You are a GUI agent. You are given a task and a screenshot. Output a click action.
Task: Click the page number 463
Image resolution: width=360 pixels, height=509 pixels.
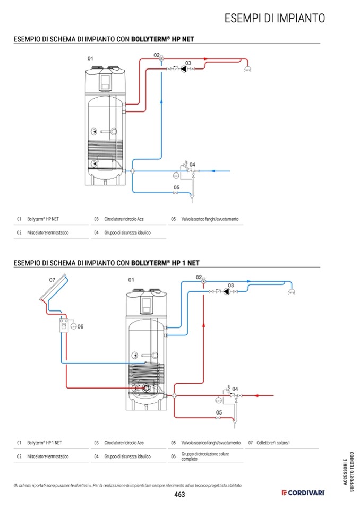[x=179, y=494]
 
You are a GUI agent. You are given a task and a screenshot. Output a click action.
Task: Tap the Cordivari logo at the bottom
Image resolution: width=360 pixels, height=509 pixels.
[x=303, y=493]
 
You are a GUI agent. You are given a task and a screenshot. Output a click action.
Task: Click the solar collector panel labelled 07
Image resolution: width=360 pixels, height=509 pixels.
[x=54, y=288]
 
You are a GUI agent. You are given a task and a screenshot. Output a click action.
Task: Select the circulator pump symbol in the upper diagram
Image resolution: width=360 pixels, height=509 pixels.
[x=184, y=69]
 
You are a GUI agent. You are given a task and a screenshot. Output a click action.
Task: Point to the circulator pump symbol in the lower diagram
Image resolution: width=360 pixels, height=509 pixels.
[x=227, y=291]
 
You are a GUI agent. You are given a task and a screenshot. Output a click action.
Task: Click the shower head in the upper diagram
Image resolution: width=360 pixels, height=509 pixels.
[x=247, y=69]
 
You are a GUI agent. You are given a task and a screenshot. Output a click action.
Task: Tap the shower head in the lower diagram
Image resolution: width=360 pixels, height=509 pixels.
[x=292, y=291]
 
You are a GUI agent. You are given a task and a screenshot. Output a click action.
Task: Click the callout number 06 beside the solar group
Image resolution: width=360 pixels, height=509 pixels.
[x=81, y=326]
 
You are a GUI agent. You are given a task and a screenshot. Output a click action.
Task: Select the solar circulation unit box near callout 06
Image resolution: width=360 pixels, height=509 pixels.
[x=64, y=325]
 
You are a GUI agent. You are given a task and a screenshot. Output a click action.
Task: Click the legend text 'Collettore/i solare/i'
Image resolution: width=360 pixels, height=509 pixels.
[x=273, y=443]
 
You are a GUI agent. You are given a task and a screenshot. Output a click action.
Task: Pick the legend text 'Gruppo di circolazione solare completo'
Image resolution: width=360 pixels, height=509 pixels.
[x=205, y=456]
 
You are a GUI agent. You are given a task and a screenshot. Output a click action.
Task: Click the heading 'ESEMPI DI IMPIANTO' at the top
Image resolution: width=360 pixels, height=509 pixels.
[x=275, y=18]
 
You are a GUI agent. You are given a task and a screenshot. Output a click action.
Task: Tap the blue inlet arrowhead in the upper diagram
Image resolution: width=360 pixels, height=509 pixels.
[x=213, y=171]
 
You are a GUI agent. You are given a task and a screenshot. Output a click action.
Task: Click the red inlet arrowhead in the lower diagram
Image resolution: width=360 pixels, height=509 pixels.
[x=256, y=396]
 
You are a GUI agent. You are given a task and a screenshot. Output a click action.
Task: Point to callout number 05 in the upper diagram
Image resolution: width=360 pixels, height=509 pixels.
[x=177, y=187]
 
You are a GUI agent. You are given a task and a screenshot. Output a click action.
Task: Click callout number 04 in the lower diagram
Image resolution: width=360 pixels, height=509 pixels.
[x=235, y=389]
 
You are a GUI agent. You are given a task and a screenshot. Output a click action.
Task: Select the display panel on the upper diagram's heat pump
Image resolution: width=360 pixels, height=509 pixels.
[x=105, y=82]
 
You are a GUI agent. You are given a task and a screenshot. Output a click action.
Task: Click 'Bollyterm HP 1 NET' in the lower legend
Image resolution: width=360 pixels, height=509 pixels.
[x=45, y=443]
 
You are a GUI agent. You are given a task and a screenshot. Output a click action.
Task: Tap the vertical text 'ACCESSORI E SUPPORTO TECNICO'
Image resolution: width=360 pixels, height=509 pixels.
[x=348, y=472]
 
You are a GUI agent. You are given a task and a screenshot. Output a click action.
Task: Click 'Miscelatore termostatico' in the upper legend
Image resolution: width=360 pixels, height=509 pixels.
[x=48, y=232]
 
